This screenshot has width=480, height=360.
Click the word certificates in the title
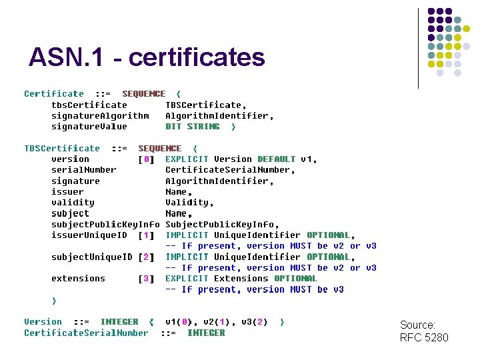(x=197, y=58)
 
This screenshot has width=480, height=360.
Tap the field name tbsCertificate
(x=89, y=105)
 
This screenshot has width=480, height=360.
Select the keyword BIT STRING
(x=193, y=126)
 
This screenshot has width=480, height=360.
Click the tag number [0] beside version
(x=146, y=159)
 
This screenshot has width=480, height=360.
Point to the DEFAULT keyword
(x=276, y=159)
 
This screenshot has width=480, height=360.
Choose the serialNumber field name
(x=83, y=170)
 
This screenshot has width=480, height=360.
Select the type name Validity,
(x=190, y=203)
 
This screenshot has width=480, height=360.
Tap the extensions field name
(x=78, y=279)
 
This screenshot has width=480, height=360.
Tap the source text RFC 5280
(x=424, y=337)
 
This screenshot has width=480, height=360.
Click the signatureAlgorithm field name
(x=100, y=115)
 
